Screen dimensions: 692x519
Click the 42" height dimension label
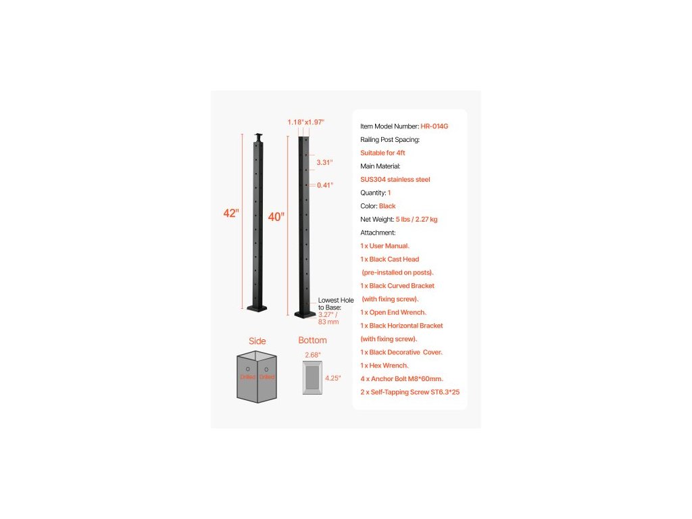click(x=230, y=214)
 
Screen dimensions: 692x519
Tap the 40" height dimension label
click(x=276, y=217)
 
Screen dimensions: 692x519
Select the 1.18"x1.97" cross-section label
click(x=306, y=122)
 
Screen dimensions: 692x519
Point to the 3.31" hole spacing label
click(x=324, y=162)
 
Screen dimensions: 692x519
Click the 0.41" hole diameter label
click(x=324, y=184)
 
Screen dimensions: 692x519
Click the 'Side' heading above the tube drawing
click(x=257, y=341)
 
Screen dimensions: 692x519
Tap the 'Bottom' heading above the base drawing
click(x=312, y=341)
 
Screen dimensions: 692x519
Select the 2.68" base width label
click(x=312, y=355)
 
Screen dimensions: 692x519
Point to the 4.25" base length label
click(x=333, y=378)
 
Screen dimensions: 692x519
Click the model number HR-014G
click(x=435, y=126)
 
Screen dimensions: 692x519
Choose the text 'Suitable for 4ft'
click(x=382, y=153)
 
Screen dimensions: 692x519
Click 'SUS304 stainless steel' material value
click(x=395, y=180)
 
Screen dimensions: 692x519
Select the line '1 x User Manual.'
click(x=385, y=246)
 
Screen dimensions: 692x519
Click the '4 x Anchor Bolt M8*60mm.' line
click(x=401, y=378)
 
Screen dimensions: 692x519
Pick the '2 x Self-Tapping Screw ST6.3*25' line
click(x=410, y=392)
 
